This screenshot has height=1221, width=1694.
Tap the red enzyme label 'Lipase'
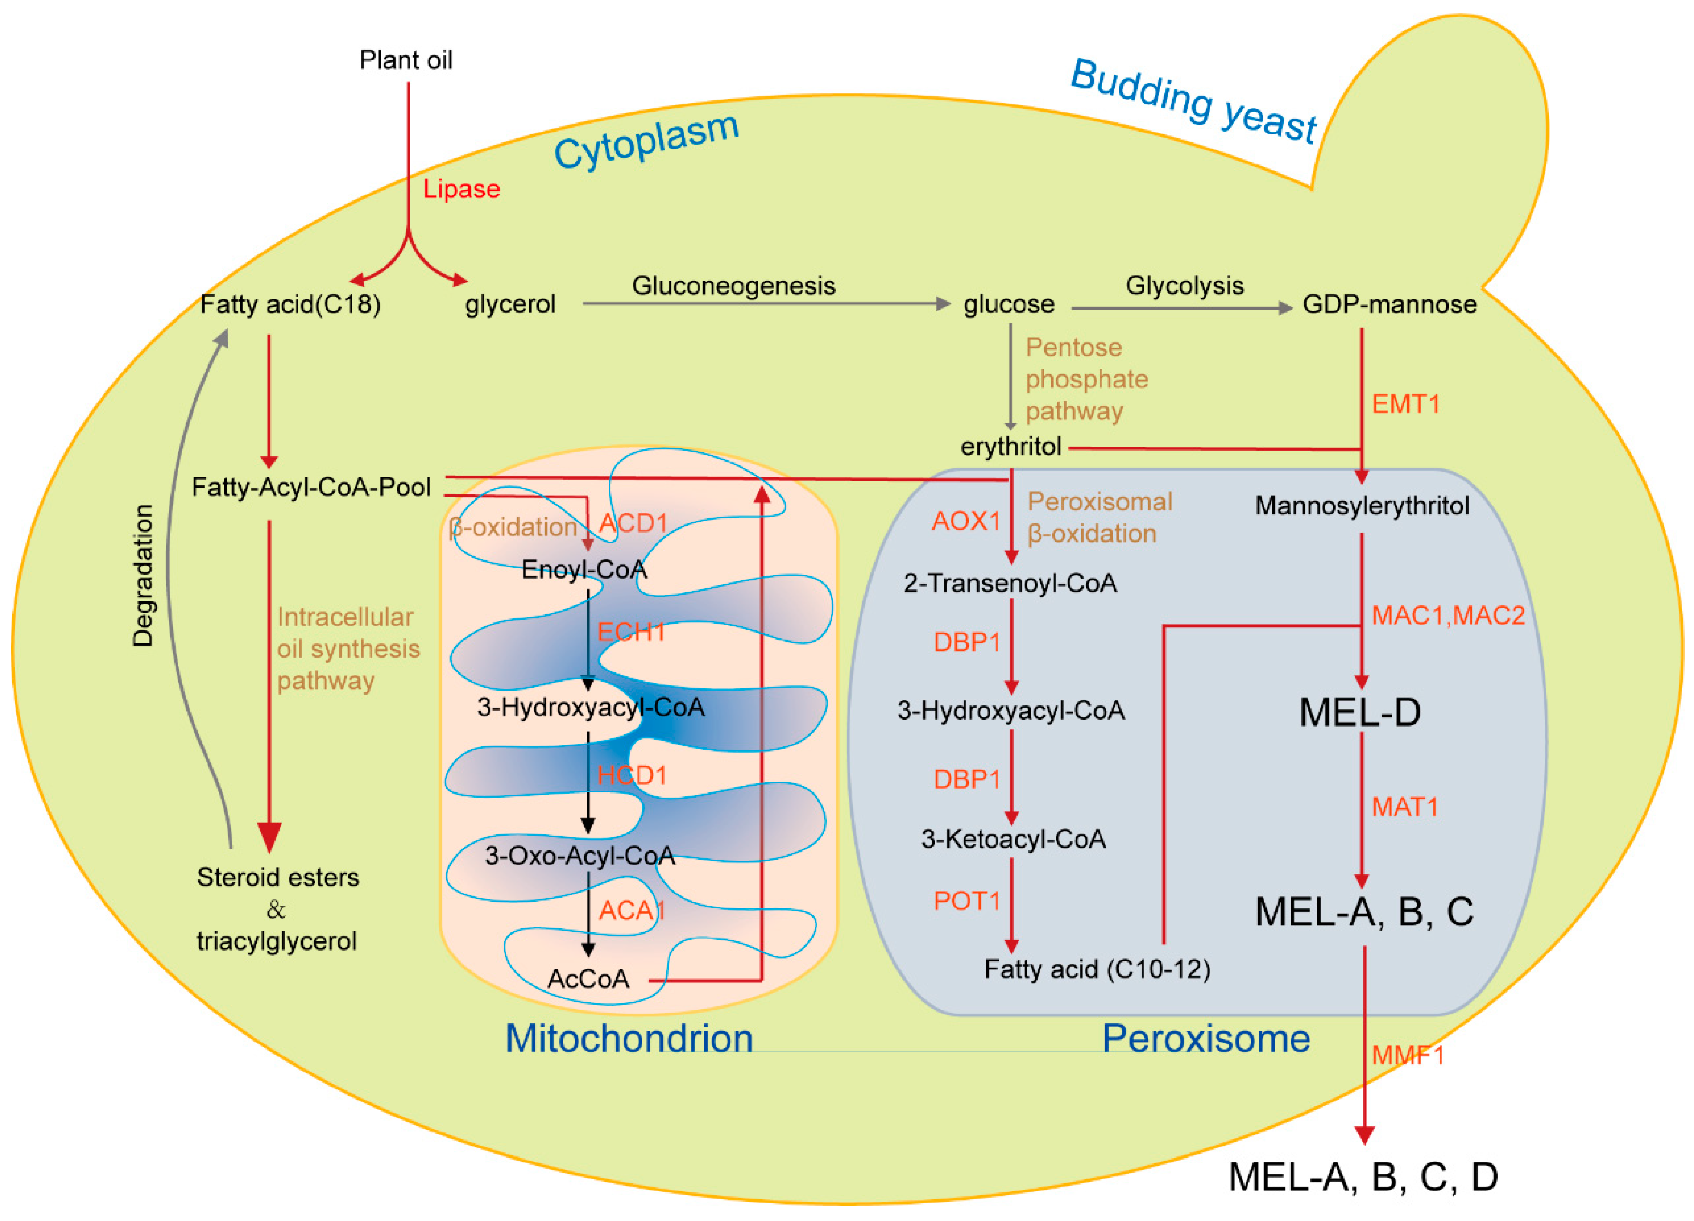tap(461, 189)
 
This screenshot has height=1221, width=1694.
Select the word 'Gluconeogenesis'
tap(733, 285)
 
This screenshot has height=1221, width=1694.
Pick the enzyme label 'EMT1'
tap(1405, 404)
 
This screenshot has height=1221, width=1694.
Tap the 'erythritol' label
tap(1010, 447)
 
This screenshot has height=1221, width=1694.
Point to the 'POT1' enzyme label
tap(966, 901)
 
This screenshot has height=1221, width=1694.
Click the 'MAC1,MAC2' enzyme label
tap(1447, 615)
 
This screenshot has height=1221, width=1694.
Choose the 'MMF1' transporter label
tap(1407, 1055)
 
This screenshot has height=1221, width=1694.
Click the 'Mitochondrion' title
tap(629, 1038)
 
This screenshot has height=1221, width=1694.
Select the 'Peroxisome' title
tap(1205, 1038)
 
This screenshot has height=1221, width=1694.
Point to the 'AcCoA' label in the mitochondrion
tap(588, 978)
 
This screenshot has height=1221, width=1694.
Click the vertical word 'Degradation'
tap(143, 575)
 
